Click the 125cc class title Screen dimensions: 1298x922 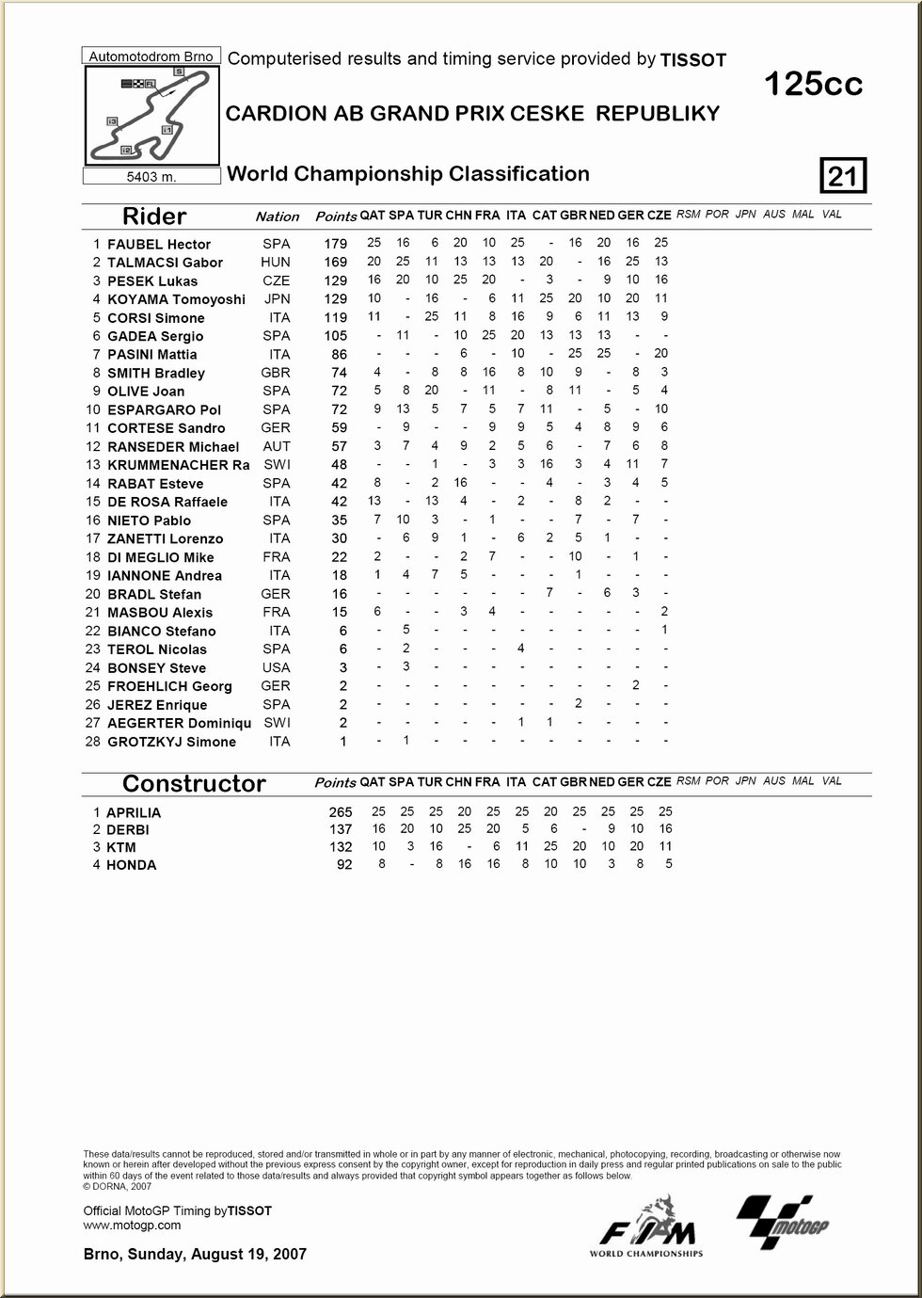pyautogui.click(x=813, y=85)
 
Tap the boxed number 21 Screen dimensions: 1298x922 pyautogui.click(x=843, y=176)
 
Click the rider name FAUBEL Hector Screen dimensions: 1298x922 pyautogui.click(x=159, y=244)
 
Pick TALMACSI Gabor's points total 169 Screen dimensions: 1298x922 pyautogui.click(x=335, y=263)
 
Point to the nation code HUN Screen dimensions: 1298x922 pyautogui.click(x=276, y=262)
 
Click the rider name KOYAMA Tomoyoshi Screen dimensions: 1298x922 pyautogui.click(x=176, y=299)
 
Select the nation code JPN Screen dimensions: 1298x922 pyautogui.click(x=277, y=298)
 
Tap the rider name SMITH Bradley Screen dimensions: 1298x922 pyautogui.click(x=156, y=373)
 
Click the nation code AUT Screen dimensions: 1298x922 pyautogui.click(x=277, y=446)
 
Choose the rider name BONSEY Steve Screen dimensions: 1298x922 pyautogui.click(x=156, y=667)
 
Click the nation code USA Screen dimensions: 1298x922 pyautogui.click(x=277, y=667)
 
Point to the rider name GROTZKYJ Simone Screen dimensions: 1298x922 pyautogui.click(x=171, y=742)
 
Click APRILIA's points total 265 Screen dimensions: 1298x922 pyautogui.click(x=340, y=812)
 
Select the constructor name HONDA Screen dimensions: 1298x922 pyautogui.click(x=132, y=865)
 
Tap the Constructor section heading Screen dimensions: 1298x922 pyautogui.click(x=194, y=784)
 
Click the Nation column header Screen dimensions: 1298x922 pyautogui.click(x=277, y=216)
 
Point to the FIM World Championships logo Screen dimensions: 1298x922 pyautogui.click(x=647, y=1227)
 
